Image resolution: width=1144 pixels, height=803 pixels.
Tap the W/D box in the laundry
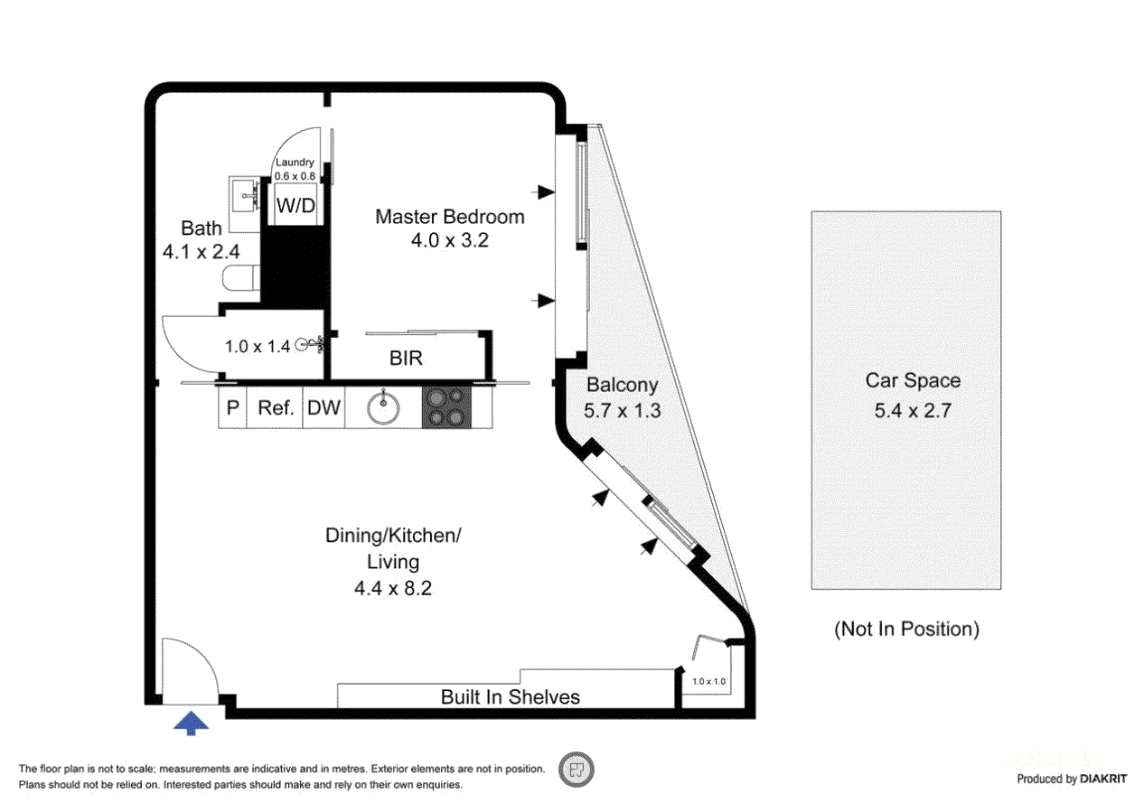coord(295,206)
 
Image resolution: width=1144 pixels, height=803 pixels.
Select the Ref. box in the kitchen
coord(276,408)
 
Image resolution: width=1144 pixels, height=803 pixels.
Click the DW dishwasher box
coord(324,408)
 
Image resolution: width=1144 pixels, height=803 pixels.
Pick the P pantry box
coord(232,408)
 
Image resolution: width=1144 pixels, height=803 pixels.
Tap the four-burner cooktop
coord(446,407)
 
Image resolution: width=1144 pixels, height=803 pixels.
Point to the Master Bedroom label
coord(449,217)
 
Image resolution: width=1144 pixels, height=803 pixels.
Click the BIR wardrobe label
coord(406,359)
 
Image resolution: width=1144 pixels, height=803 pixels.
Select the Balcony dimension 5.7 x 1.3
coord(622,410)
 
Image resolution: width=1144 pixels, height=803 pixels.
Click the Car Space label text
coord(913,381)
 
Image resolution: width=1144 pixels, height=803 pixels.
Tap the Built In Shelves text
coord(510,696)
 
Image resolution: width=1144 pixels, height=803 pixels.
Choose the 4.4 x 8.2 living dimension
coord(393,588)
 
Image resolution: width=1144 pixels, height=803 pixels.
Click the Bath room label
coord(201,228)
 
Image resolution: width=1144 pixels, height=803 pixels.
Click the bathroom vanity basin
coord(243,192)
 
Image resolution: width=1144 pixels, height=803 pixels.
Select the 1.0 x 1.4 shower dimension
coord(258,345)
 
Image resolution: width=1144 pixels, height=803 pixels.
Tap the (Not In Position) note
coord(905,629)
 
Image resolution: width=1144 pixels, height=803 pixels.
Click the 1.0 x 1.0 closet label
coord(708,681)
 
